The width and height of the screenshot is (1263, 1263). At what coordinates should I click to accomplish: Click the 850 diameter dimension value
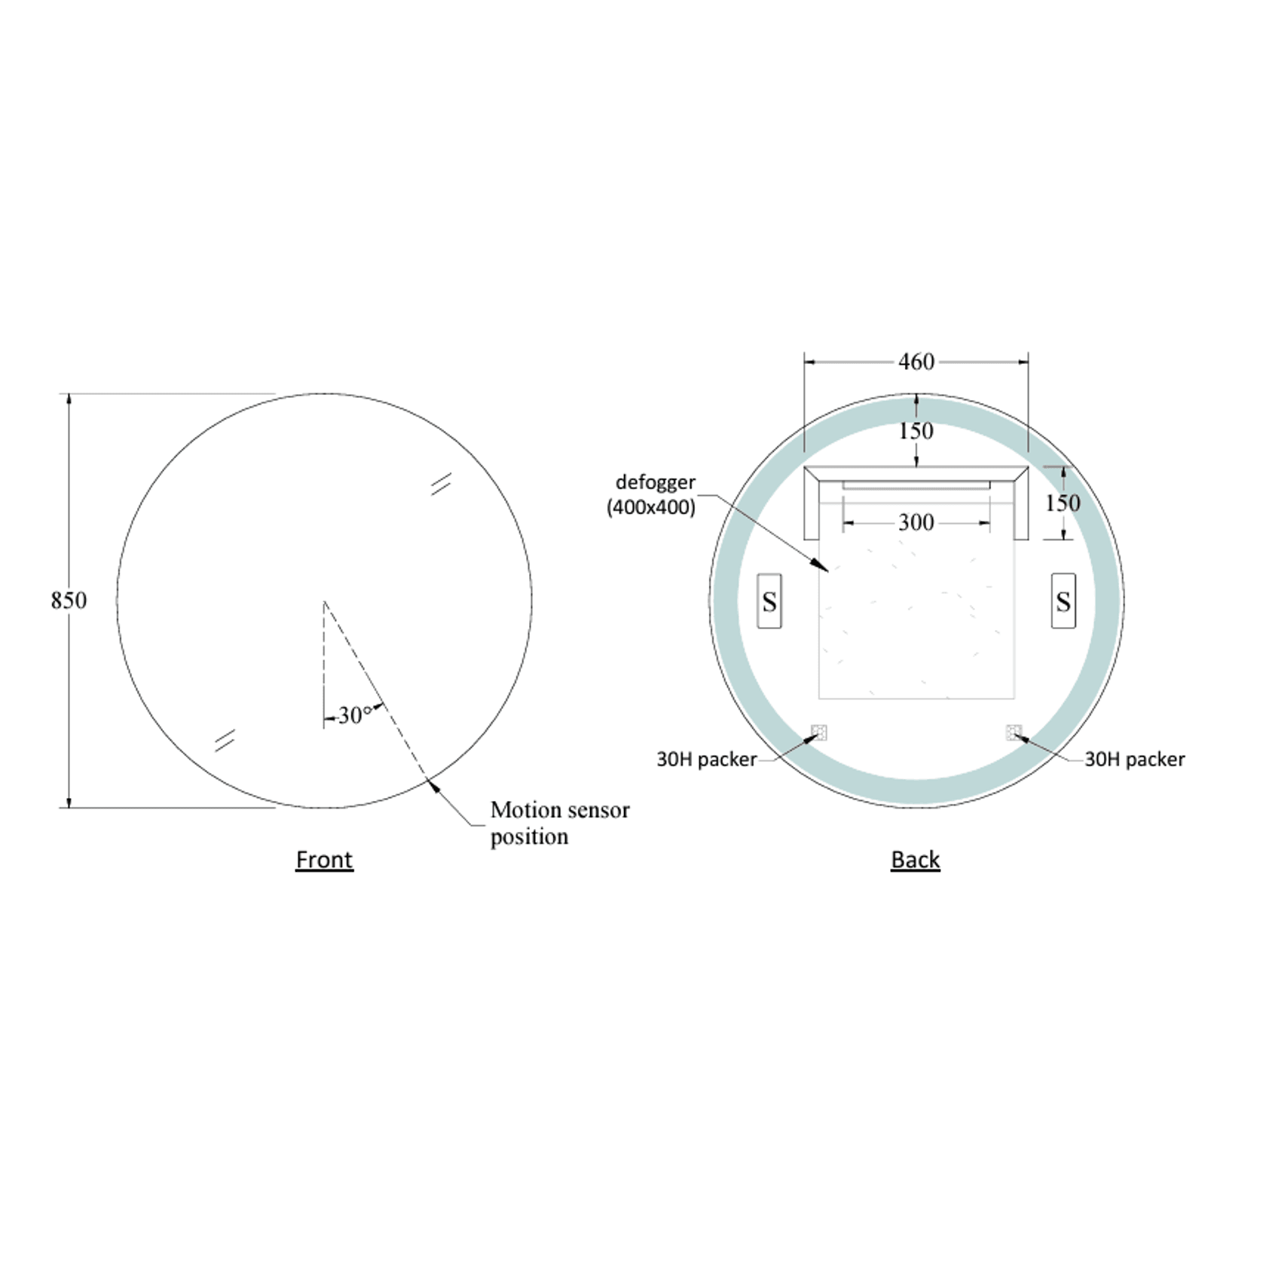pyautogui.click(x=69, y=601)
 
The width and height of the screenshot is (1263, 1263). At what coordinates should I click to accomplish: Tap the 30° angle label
pyautogui.click(x=354, y=714)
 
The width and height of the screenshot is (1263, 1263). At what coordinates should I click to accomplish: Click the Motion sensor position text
pyautogui.click(x=559, y=823)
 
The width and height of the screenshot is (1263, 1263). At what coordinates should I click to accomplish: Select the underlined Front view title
pyautogui.click(x=324, y=859)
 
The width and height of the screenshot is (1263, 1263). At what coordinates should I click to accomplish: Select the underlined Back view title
pyautogui.click(x=915, y=859)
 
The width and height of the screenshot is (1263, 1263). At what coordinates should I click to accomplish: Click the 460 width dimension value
pyautogui.click(x=916, y=362)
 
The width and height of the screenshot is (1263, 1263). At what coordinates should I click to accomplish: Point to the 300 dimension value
pyautogui.click(x=916, y=522)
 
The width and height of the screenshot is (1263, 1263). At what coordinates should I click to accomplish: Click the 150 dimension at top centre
pyautogui.click(x=916, y=431)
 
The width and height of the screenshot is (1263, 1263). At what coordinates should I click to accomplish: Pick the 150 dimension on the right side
pyautogui.click(x=1063, y=503)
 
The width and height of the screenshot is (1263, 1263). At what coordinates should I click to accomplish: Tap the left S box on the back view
pyautogui.click(x=769, y=601)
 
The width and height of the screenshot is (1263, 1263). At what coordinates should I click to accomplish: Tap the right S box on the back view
pyautogui.click(x=1063, y=601)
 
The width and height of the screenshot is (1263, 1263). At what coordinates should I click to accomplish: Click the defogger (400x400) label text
pyautogui.click(x=653, y=494)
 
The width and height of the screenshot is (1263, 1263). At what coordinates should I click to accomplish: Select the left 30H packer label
pyautogui.click(x=706, y=759)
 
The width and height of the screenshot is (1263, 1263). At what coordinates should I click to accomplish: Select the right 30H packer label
pyautogui.click(x=1134, y=759)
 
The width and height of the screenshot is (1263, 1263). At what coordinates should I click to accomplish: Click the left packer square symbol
pyautogui.click(x=818, y=732)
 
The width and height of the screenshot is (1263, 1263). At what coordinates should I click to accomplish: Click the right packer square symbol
pyautogui.click(x=1014, y=732)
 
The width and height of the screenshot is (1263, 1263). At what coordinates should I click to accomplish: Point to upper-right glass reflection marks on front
pyautogui.click(x=441, y=484)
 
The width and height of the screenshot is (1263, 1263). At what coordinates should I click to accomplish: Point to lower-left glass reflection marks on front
pyautogui.click(x=225, y=740)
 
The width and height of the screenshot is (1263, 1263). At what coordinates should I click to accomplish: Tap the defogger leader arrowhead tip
pyautogui.click(x=827, y=570)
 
